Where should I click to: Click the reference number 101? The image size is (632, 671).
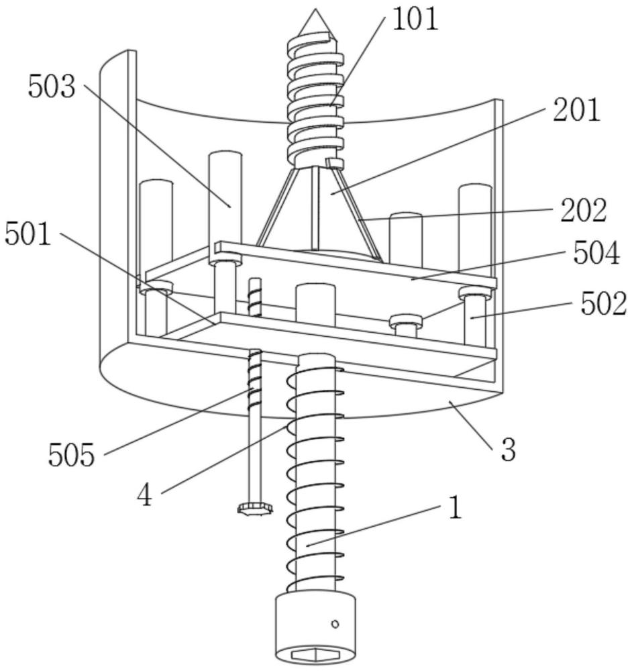pyautogui.click(x=415, y=19)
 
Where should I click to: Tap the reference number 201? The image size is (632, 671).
pyautogui.click(x=577, y=109)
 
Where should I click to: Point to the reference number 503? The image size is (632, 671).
pyautogui.click(x=52, y=87)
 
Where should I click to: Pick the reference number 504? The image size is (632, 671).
pyautogui.click(x=596, y=253)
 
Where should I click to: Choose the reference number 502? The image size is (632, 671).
pyautogui.click(x=604, y=303)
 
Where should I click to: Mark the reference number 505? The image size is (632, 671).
pyautogui.click(x=71, y=454)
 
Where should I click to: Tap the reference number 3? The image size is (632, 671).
pyautogui.click(x=508, y=450)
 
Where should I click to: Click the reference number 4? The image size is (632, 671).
pyautogui.click(x=145, y=496)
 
